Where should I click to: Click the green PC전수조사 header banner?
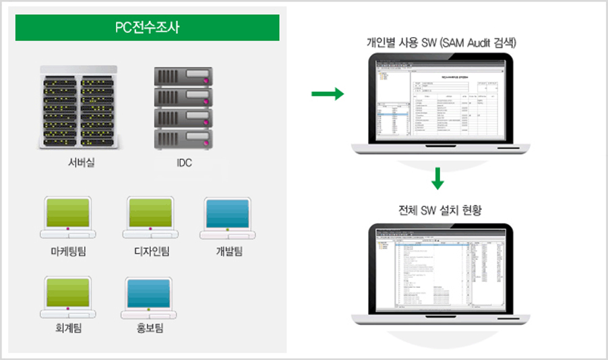(x=147, y=28)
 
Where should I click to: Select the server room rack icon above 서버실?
(x=78, y=108)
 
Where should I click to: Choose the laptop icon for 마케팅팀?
(x=67, y=217)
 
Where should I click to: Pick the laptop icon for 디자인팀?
(x=150, y=217)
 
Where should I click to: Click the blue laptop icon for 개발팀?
(x=227, y=217)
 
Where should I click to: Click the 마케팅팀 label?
(x=68, y=251)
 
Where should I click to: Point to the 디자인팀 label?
(x=151, y=251)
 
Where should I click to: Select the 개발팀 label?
(x=229, y=251)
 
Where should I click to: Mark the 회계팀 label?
(x=67, y=329)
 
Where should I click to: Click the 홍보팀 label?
(x=149, y=329)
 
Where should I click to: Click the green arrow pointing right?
(x=326, y=94)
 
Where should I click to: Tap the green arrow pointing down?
(x=437, y=178)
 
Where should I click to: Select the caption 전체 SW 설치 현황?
(x=439, y=212)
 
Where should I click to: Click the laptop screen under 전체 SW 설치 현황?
(x=439, y=270)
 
